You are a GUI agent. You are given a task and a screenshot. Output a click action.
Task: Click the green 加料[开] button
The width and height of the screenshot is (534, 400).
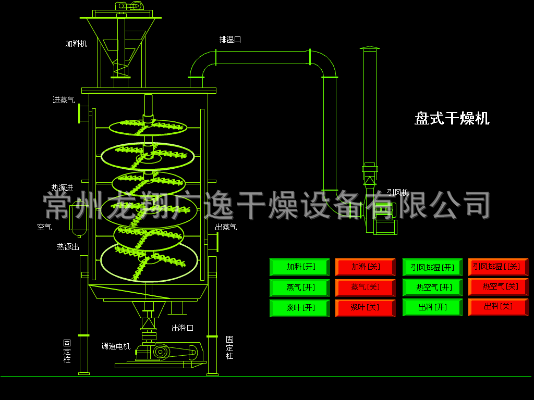(x=300, y=267)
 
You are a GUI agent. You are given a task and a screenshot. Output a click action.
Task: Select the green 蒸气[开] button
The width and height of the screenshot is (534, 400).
(x=300, y=287)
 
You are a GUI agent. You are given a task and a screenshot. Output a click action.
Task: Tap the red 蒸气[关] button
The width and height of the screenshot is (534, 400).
(x=366, y=287)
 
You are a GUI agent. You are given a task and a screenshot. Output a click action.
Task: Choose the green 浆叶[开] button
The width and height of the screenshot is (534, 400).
(x=300, y=308)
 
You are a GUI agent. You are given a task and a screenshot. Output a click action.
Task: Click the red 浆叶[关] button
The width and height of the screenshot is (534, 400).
(x=366, y=308)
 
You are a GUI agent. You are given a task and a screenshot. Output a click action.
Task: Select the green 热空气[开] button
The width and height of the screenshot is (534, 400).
(x=432, y=287)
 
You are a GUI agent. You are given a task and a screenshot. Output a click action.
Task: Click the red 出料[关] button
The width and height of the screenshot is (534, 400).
(x=498, y=307)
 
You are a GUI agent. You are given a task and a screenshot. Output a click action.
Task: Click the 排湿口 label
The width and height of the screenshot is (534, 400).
(x=230, y=40)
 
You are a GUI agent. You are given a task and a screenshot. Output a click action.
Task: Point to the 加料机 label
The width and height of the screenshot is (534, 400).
(x=76, y=44)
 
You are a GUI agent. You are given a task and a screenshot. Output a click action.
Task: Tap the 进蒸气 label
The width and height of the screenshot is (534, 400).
(x=64, y=100)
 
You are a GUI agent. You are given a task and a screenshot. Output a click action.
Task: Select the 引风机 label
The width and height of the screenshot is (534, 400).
(x=398, y=193)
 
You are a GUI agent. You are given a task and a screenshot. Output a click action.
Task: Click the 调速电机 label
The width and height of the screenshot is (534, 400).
(x=116, y=346)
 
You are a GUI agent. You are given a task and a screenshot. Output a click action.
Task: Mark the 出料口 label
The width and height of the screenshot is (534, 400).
(x=183, y=328)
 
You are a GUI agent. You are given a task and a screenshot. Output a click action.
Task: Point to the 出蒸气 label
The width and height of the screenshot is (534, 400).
(x=226, y=227)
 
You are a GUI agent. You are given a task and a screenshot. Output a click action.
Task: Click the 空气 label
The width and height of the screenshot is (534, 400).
(x=44, y=227)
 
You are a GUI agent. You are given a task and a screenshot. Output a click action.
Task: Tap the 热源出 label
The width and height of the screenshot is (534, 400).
(x=68, y=247)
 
